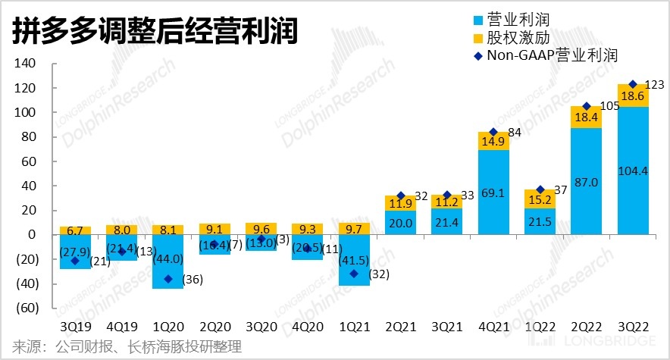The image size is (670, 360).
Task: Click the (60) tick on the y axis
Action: click(x=26, y=308)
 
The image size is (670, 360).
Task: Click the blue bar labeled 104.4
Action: click(x=633, y=171)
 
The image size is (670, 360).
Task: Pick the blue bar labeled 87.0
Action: click(x=586, y=181)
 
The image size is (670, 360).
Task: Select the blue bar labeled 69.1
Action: click(x=493, y=193)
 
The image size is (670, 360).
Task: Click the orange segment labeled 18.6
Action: click(x=633, y=95)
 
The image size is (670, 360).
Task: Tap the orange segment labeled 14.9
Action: click(x=493, y=141)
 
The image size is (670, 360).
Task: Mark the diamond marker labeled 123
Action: click(x=633, y=84)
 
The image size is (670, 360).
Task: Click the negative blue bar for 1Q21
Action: click(x=353, y=260)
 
